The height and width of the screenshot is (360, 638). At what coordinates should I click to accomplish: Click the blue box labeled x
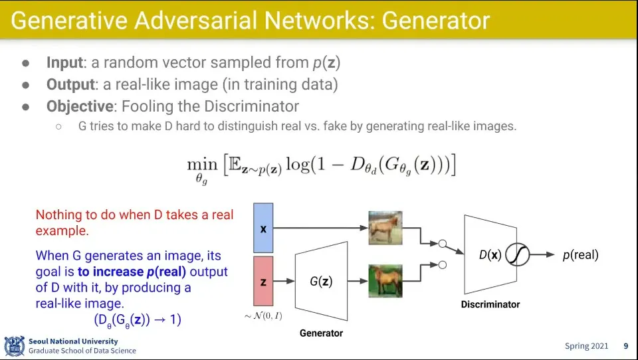[263, 228]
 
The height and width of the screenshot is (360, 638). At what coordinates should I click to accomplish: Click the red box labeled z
[263, 282]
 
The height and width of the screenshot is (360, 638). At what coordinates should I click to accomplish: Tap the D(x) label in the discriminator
[490, 255]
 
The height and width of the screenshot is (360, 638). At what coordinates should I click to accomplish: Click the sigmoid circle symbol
[518, 255]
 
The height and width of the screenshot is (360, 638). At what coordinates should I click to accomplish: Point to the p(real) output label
[580, 255]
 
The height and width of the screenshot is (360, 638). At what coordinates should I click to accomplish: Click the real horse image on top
[385, 227]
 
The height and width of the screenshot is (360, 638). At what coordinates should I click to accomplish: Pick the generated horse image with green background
[385, 280]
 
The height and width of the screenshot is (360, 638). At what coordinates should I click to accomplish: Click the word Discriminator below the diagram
[490, 304]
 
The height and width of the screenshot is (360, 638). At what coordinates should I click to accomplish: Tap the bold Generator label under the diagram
[321, 332]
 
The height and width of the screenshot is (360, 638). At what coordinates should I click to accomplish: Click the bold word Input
[64, 63]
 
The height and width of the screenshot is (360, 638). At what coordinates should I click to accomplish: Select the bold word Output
[70, 85]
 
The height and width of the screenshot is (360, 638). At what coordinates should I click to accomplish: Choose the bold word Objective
[80, 106]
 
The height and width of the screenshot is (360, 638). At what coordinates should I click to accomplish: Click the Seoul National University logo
[14, 346]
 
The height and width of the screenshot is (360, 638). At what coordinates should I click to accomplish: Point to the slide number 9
[625, 346]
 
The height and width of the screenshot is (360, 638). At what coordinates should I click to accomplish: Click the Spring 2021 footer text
[587, 346]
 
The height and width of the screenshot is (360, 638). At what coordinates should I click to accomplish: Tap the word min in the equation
[202, 163]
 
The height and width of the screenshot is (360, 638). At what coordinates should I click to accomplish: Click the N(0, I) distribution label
[263, 316]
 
